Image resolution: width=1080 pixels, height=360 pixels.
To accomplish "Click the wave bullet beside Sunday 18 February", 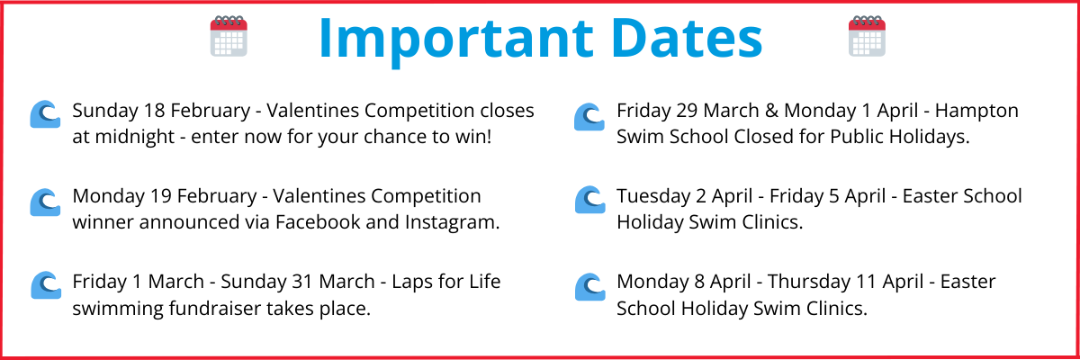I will (44, 114).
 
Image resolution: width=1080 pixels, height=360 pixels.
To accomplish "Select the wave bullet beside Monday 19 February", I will (44, 201).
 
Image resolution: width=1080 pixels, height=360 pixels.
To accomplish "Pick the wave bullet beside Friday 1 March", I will (44, 285).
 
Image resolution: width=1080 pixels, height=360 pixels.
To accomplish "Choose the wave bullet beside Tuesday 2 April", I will (589, 200).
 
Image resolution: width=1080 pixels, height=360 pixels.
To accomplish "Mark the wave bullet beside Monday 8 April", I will (589, 285).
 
